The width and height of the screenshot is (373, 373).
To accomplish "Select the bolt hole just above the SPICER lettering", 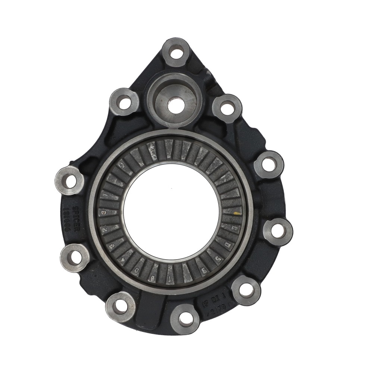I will coord(70,181).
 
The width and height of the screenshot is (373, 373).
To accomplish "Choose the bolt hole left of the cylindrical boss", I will coord(124,102).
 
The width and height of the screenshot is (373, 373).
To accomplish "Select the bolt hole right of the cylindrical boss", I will coord(227,108).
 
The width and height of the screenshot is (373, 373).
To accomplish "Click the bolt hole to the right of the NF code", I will coord(246,290).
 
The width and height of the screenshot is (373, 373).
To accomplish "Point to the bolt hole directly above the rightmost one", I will coord(269,164).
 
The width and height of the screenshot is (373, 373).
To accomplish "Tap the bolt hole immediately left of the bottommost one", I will coord(120,306).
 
